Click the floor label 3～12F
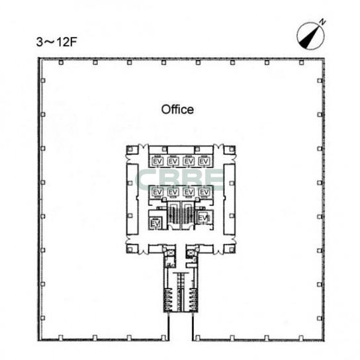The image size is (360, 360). click(x=56, y=42)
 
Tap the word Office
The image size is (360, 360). click(x=177, y=109)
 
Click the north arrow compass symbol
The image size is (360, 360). click(x=310, y=36)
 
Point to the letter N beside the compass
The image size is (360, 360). click(x=322, y=22)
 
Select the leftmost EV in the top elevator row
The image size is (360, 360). click(x=157, y=161)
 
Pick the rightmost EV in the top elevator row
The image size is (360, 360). click(x=204, y=161)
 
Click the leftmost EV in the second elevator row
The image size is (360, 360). click(x=157, y=192)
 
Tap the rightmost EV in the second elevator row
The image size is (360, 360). click(x=204, y=192)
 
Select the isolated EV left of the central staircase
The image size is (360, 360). click(x=156, y=223)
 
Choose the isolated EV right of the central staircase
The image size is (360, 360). click(x=202, y=218)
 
